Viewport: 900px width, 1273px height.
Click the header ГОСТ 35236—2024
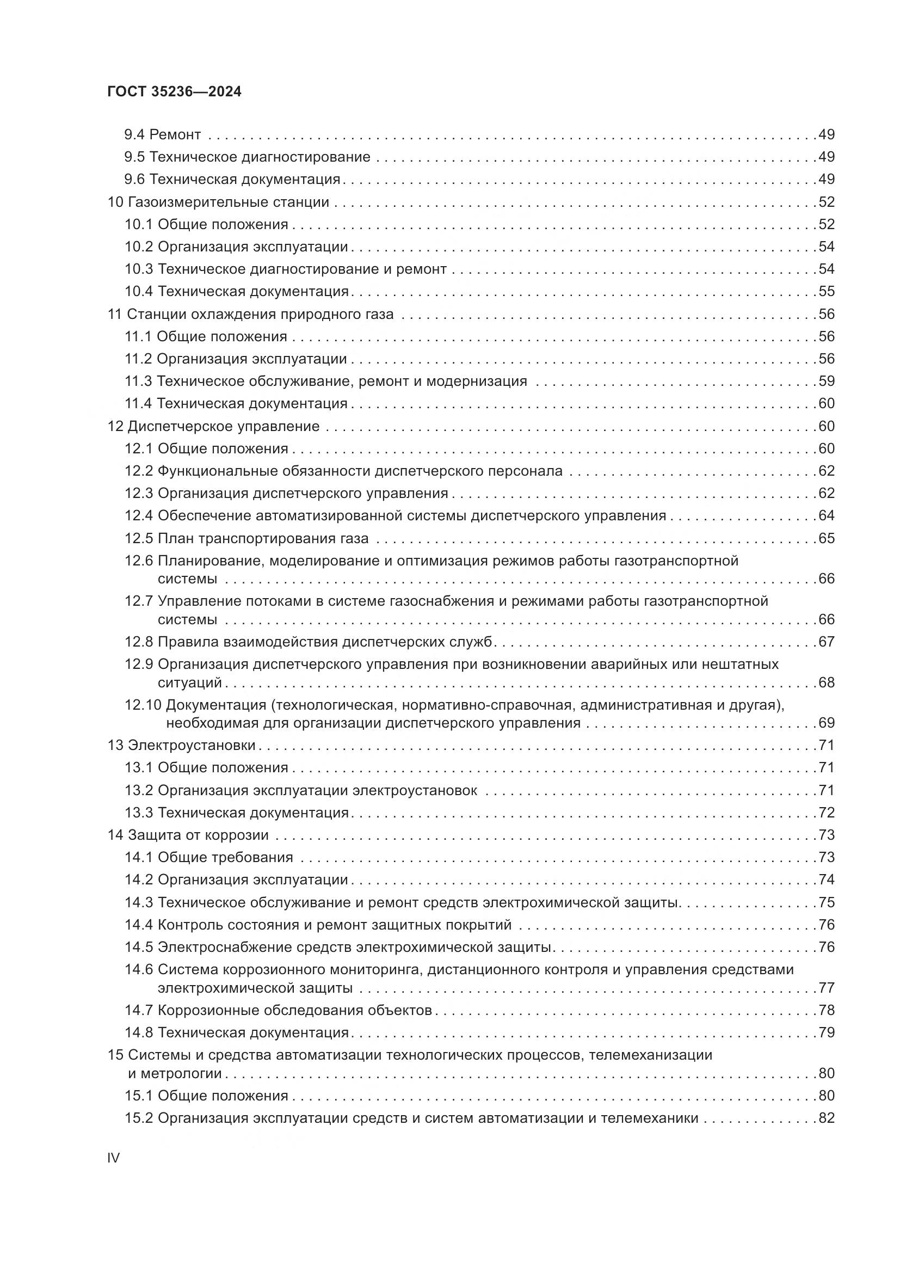tap(174, 92)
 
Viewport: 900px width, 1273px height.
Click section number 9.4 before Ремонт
tap(134, 135)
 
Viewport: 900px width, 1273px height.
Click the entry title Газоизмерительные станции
tap(229, 202)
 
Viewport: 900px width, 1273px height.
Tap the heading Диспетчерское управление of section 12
tap(223, 426)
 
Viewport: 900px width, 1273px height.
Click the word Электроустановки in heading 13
tap(192, 745)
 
